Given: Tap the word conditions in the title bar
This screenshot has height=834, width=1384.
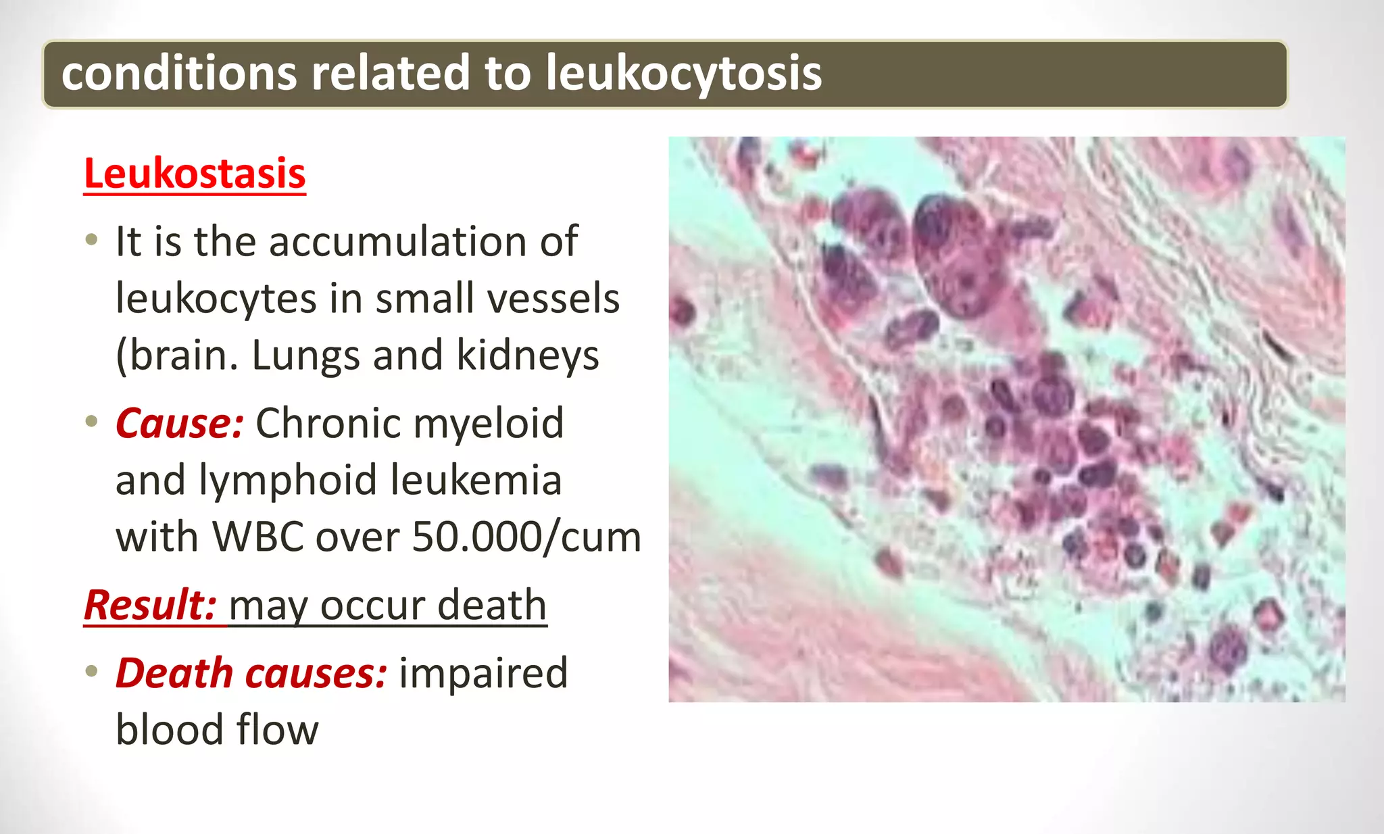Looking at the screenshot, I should [179, 73].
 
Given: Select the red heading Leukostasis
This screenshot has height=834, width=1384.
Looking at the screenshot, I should [195, 174].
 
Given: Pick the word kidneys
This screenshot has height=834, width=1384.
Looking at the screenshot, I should [528, 355].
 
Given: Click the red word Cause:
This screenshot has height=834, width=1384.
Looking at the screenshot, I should [179, 423].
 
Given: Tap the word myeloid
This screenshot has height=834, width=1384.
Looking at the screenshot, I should [488, 423].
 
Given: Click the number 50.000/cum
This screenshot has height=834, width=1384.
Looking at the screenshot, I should [526, 537].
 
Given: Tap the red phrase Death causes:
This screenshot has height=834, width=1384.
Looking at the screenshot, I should [251, 673].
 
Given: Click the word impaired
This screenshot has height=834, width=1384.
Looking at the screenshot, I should [483, 673].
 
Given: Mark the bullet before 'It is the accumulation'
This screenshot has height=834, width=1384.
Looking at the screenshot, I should [92, 241].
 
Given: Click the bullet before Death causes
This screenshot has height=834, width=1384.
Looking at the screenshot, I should [92, 672].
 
